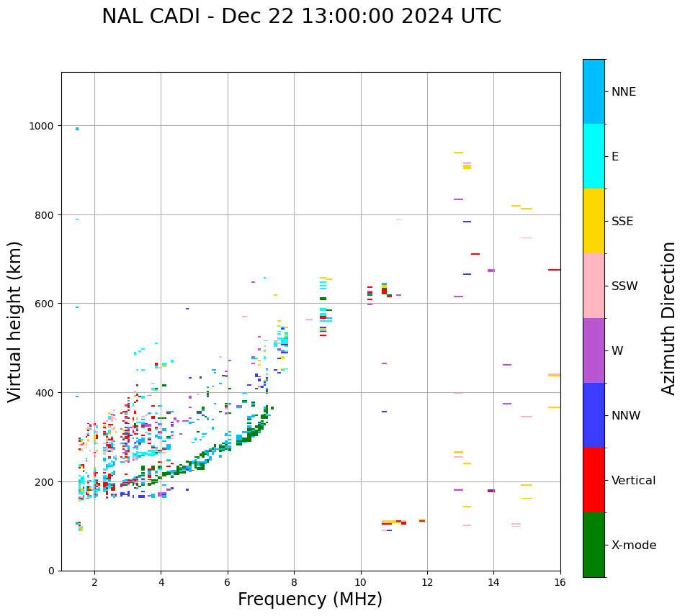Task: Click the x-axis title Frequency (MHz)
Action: point(310,599)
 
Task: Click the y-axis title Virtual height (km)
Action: point(15,322)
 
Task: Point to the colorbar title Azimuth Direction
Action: point(668,318)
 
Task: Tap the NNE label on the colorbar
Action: point(624,91)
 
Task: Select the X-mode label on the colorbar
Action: point(634,545)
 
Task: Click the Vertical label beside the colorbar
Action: point(634,481)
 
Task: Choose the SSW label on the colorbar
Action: point(624,286)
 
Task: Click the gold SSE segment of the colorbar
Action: point(594,221)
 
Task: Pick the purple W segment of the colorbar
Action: point(594,350)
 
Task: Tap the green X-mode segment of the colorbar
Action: point(594,545)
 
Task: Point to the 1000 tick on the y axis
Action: point(41,126)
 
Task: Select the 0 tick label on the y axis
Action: point(51,571)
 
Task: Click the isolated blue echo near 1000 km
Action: point(77,129)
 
